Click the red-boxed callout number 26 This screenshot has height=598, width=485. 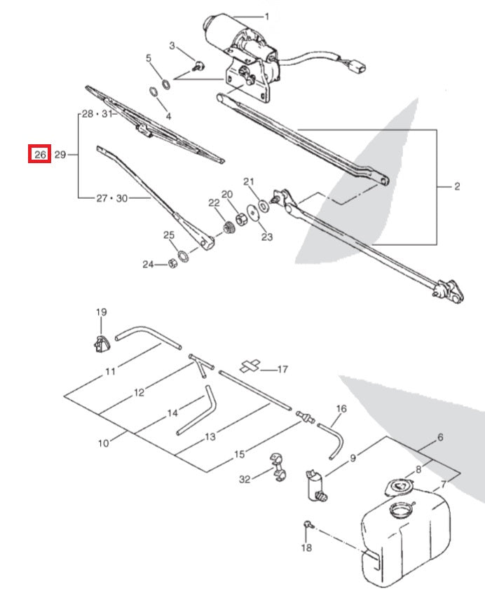pyautogui.click(x=39, y=154)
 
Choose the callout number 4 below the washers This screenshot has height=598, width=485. pyautogui.click(x=168, y=115)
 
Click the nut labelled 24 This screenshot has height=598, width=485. pyautogui.click(x=172, y=264)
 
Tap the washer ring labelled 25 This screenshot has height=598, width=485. pyautogui.click(x=183, y=254)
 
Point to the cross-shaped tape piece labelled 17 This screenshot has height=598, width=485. pyautogui.click(x=250, y=366)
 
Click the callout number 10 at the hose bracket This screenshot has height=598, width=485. pyautogui.click(x=103, y=443)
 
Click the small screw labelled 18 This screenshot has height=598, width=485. pyautogui.click(x=308, y=523)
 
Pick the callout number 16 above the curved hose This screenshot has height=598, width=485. pyautogui.click(x=341, y=408)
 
